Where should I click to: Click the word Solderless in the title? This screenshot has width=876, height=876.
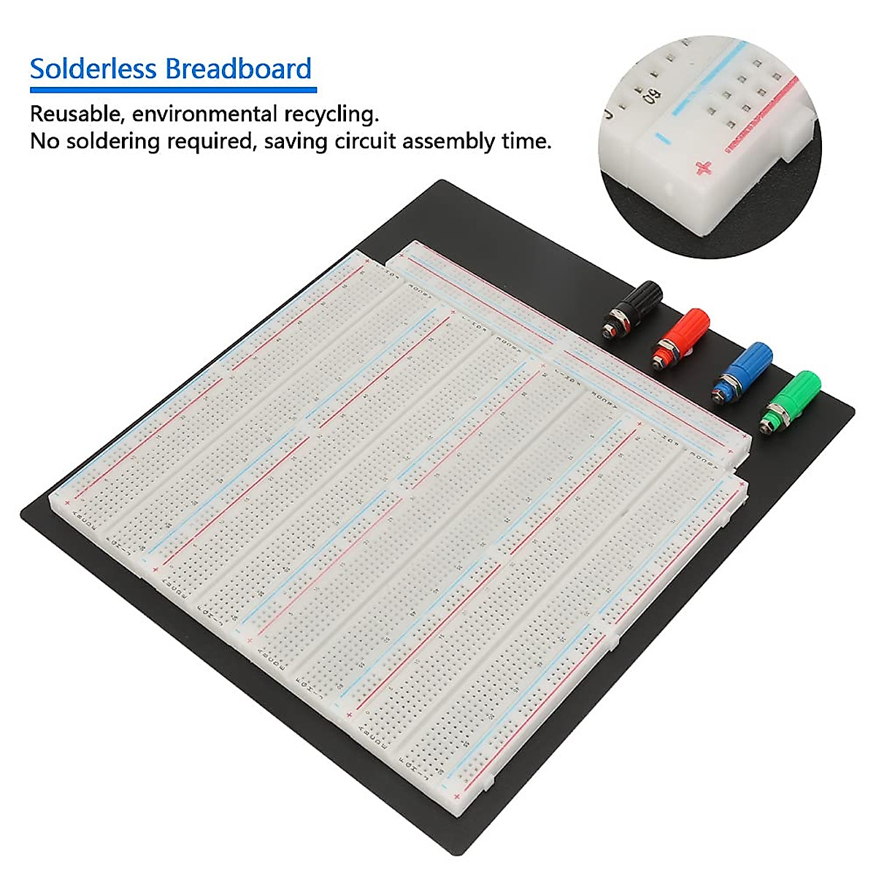click(93, 69)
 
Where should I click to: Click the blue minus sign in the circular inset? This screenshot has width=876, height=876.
click(662, 137)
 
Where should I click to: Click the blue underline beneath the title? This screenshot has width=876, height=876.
click(173, 90)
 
